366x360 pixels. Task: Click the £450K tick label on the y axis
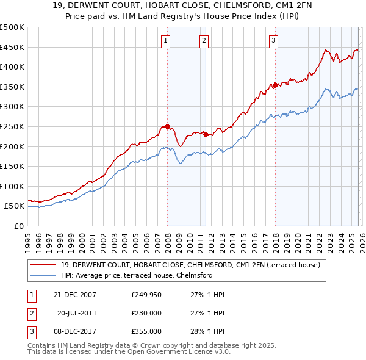tap(12, 47)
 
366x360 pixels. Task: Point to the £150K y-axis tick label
tap(12, 166)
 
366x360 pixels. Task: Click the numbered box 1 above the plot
tap(166, 41)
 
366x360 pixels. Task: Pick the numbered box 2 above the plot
tap(204, 41)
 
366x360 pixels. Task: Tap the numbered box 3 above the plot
tap(274, 41)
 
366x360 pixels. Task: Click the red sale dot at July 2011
tap(206, 135)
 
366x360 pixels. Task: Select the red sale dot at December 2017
tap(275, 85)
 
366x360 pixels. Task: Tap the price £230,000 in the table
tap(146, 313)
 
